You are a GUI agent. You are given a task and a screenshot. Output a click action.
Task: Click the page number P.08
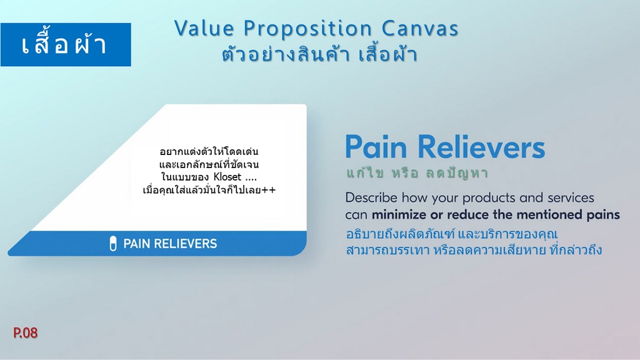pos(25,332)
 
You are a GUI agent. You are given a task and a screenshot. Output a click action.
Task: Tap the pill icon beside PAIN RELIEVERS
pos(113,244)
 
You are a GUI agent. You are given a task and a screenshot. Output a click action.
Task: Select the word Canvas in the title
pos(420,29)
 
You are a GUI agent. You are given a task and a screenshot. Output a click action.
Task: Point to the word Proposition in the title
pos(307,29)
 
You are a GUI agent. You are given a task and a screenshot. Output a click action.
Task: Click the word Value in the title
pos(204,29)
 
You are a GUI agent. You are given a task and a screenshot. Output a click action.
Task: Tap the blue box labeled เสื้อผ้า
pos(66,44)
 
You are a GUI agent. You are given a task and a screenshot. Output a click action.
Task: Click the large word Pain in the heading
pos(376,146)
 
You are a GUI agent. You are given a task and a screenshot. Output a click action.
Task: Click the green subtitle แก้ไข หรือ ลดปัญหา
pos(417,173)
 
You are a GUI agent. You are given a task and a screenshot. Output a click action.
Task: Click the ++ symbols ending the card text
pos(270,190)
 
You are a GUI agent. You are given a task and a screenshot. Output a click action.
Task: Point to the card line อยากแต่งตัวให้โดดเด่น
pos(209,152)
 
